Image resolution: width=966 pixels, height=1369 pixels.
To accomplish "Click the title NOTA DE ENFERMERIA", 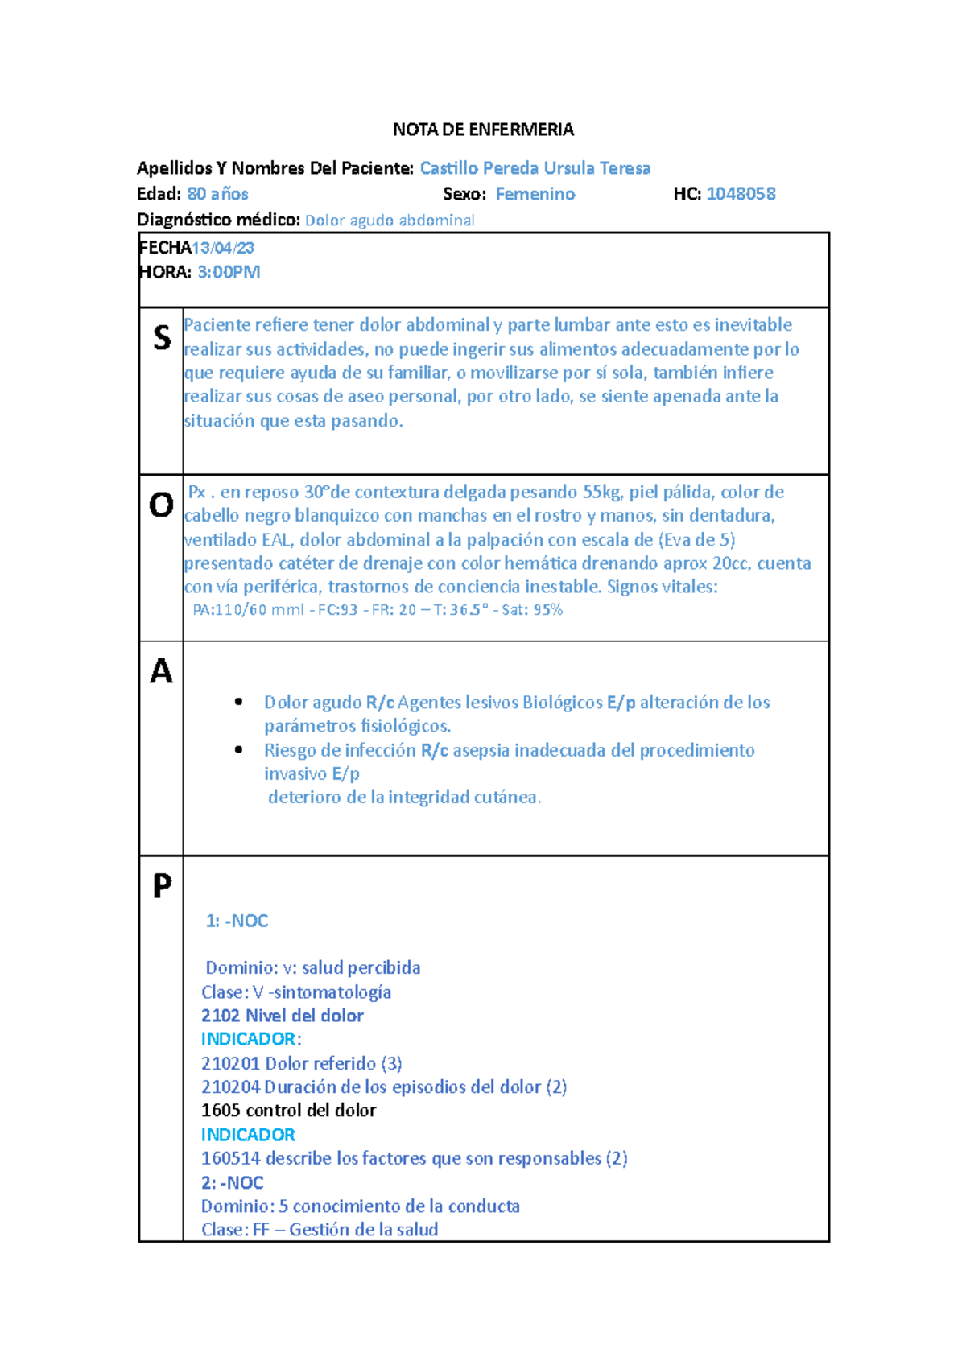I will [483, 130].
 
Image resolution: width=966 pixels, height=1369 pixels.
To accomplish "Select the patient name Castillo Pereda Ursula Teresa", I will [535, 168].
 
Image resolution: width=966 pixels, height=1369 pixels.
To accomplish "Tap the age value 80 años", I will [218, 194].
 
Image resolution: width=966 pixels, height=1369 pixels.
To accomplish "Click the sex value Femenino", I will [535, 194].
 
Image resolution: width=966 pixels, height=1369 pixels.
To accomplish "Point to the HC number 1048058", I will [741, 194].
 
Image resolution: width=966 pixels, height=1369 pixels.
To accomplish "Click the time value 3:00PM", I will [229, 272].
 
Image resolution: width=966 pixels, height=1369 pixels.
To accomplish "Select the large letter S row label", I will [162, 337].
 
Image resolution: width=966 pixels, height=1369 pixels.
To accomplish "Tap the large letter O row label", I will [161, 505].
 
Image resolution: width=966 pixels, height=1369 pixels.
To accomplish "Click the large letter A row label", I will [161, 671].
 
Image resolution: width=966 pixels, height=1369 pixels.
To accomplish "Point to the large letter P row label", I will [162, 886].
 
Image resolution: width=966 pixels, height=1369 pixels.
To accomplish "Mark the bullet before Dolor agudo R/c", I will [238, 703].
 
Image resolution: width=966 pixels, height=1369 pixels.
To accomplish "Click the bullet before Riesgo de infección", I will [238, 750].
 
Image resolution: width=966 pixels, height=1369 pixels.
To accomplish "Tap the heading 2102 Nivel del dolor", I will [283, 1016].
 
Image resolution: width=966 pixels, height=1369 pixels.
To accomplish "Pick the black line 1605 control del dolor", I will [289, 1111].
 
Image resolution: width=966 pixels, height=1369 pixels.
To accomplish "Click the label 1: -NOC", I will [237, 921].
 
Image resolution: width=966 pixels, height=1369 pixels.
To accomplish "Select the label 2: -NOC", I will [233, 1182].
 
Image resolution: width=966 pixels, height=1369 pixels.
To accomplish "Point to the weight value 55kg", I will [602, 492].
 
